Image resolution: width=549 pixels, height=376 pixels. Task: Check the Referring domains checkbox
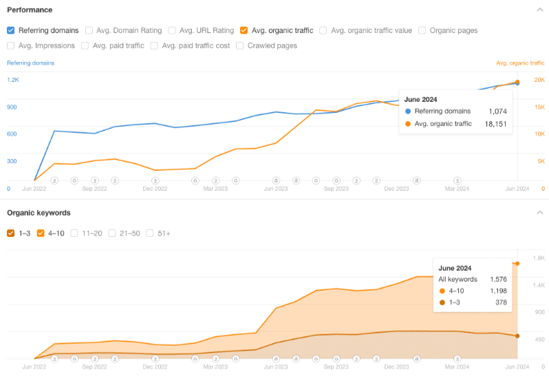(11, 30)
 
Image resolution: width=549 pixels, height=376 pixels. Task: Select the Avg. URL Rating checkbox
(172, 30)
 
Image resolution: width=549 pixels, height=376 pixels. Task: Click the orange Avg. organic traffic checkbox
(244, 30)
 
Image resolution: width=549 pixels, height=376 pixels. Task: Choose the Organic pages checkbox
(422, 30)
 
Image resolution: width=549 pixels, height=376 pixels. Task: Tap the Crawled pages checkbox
(239, 45)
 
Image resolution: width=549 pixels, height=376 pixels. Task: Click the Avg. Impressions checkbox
(11, 45)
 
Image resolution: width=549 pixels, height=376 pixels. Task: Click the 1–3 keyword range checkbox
(11, 233)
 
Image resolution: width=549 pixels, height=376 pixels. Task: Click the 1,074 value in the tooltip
(497, 111)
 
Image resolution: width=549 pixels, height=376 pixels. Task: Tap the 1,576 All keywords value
(497, 280)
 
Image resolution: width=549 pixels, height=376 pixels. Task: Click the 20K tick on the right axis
(539, 80)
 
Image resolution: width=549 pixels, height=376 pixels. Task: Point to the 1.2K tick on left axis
(13, 80)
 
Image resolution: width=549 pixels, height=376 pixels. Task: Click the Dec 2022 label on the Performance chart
(155, 188)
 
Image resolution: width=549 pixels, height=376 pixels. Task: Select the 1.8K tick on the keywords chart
(539, 258)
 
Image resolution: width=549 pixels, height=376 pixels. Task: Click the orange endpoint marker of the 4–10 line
(517, 264)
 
